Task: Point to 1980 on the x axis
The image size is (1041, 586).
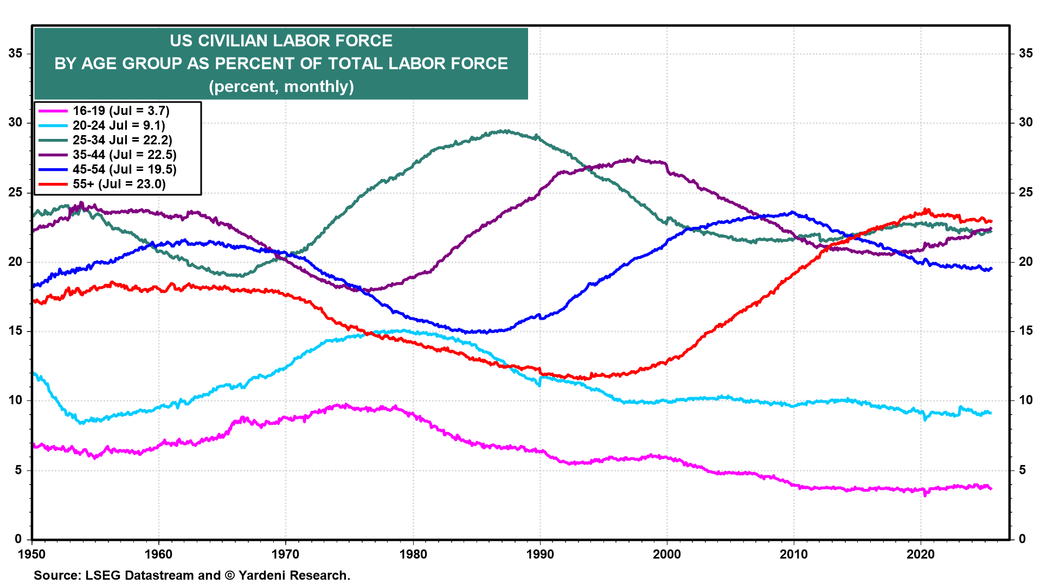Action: point(413,555)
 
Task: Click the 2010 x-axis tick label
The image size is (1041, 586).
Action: point(794,555)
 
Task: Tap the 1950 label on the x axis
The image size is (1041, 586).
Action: point(32,555)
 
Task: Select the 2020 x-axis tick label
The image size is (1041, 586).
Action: point(921,555)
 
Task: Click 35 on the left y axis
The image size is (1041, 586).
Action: point(15,53)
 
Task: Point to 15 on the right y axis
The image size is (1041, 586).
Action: point(1025,331)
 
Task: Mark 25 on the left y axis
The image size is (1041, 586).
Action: point(15,193)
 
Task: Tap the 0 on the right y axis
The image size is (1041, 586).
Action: point(1022,539)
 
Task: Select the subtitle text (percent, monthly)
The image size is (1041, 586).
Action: point(281,87)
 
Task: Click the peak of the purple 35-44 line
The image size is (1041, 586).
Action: point(637,157)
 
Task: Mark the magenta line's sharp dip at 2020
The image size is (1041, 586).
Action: point(925,495)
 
